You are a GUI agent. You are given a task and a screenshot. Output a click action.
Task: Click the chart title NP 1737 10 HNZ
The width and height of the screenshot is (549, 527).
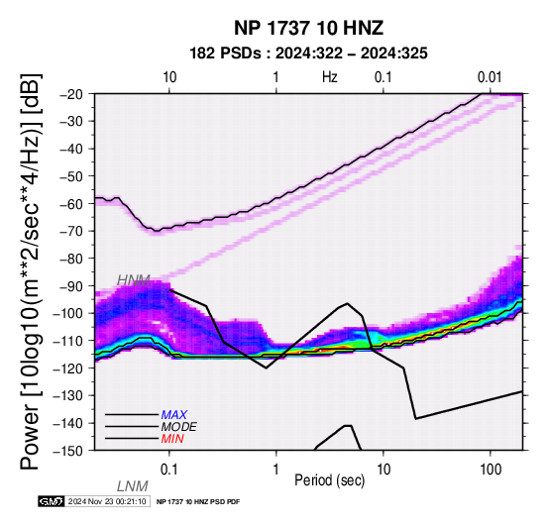coord(308,28)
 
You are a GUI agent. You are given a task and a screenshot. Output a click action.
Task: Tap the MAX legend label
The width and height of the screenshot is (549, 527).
coord(174,415)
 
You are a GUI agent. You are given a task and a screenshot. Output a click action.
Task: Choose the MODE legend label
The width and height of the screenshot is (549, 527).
coord(179,427)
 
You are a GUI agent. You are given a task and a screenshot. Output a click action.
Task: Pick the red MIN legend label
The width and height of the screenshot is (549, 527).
coord(172,439)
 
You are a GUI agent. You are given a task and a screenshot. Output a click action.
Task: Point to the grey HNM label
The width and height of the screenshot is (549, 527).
coord(134,280)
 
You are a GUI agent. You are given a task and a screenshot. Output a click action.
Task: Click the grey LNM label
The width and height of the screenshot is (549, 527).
coord(133,486)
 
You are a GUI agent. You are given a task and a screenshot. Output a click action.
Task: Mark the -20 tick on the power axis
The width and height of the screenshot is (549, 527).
coord(72,94)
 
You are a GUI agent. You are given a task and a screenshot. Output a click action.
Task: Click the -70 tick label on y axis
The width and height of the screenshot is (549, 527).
coord(72,231)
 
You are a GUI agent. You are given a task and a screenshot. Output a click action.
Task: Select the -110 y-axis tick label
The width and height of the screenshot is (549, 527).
coord(69,341)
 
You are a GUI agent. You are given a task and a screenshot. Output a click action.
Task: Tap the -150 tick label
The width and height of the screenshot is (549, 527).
coord(69,451)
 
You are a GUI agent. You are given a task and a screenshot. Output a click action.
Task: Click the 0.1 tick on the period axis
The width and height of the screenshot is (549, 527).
coord(169,470)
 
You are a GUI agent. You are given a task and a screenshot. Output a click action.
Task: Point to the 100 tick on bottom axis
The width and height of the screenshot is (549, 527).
coord(491,470)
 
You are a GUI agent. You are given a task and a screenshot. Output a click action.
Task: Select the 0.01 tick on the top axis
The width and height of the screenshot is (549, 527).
coord(490,77)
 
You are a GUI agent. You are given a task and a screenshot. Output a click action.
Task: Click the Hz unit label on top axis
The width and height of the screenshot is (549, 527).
coord(330,77)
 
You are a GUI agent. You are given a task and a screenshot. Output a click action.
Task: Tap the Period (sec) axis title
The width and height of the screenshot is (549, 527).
coord(330,480)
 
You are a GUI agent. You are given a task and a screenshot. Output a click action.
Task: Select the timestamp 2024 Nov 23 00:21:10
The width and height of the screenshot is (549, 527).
coord(107,502)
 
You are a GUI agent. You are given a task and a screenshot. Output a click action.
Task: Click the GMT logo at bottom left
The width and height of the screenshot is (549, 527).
coord(52,501)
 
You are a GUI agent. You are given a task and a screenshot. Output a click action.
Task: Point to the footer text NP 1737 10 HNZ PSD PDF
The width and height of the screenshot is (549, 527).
coord(198,502)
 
